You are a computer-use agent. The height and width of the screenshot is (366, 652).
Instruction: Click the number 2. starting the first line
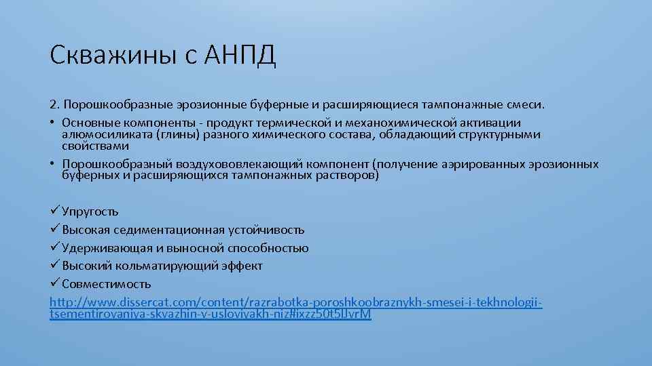coord(54,106)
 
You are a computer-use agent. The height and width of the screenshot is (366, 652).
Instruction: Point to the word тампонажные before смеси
coord(464,106)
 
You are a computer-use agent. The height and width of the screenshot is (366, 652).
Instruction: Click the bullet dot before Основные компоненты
coord(53,123)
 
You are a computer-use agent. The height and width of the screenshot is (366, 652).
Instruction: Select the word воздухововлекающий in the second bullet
coord(261,164)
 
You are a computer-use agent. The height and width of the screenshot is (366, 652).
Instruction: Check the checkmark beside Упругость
coord(55,211)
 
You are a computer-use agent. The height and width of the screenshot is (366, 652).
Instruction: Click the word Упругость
coord(90,212)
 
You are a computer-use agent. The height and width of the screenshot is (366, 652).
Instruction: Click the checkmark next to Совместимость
coord(55,283)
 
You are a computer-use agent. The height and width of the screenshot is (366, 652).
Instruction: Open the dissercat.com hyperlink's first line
coord(296,301)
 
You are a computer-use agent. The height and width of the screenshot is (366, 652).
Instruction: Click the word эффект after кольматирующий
coord(242,266)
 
